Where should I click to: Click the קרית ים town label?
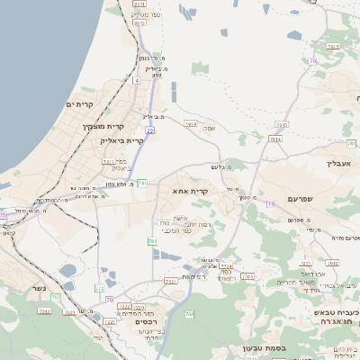[x=79, y=104]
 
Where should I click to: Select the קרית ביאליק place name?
[x=123, y=140]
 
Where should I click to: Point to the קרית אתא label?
[x=190, y=191]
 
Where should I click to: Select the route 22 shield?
[x=149, y=130]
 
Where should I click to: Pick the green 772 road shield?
[x=100, y=289]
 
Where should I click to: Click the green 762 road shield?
[x=189, y=314]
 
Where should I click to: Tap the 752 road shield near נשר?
[x=56, y=297]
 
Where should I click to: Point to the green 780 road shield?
[x=152, y=241]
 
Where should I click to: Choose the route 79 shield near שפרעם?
[x=269, y=204]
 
